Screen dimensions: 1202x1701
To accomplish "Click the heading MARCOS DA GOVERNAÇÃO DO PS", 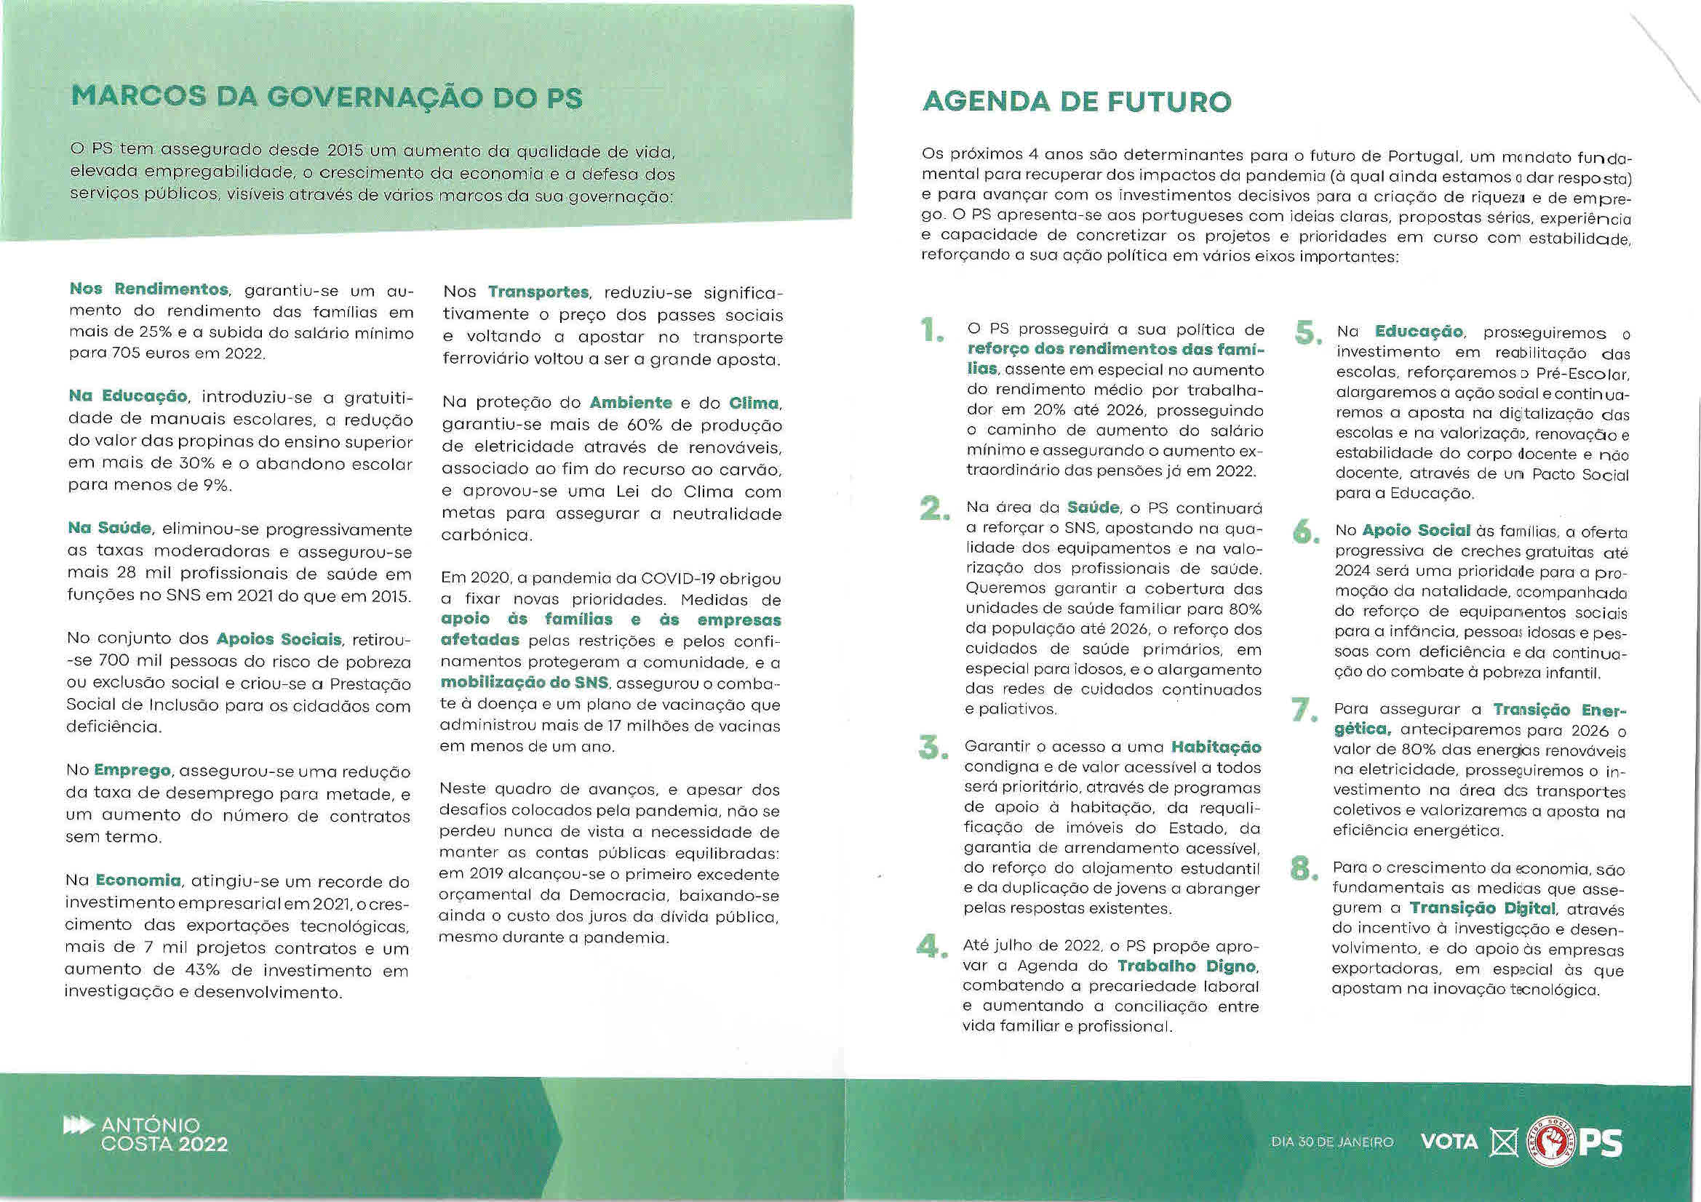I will (x=327, y=98).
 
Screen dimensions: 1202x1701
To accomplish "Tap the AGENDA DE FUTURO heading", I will (x=1077, y=102).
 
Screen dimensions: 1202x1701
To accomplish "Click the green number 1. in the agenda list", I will (x=931, y=329).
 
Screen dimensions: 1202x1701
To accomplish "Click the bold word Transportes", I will (x=538, y=292).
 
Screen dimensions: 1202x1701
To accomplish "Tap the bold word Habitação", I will (x=1216, y=747).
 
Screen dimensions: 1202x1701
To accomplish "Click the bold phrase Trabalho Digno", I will (x=1185, y=966).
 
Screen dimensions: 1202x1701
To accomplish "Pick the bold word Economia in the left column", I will (x=138, y=881).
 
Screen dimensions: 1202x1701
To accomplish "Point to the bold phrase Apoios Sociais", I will (x=279, y=638).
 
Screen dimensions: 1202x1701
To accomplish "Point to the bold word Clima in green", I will (x=754, y=404).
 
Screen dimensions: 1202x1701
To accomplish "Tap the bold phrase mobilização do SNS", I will (x=524, y=683).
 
